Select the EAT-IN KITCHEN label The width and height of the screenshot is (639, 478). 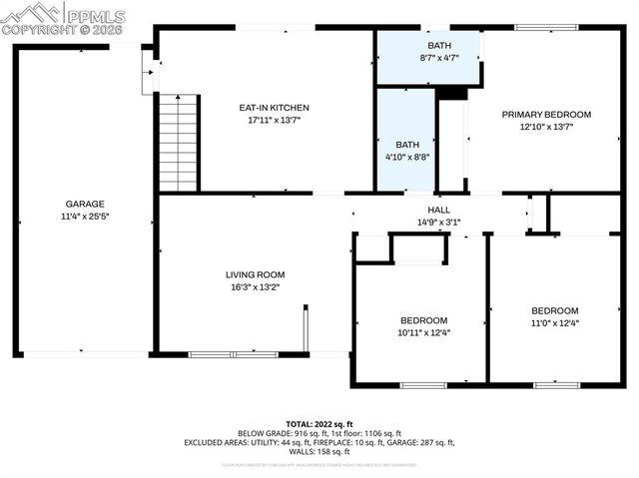point(273,108)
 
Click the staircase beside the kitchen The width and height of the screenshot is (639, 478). point(179,141)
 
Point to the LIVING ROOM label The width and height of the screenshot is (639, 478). point(255,274)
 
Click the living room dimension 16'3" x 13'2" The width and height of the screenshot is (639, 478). point(255,287)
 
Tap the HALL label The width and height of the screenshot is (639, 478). point(438,210)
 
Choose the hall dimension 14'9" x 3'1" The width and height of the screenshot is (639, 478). point(438,222)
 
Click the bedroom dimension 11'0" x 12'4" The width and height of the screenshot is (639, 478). point(554,323)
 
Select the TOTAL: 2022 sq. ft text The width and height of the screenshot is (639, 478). point(319,423)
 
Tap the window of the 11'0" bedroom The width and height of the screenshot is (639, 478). point(556,384)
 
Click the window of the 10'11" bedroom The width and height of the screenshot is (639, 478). point(422,384)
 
